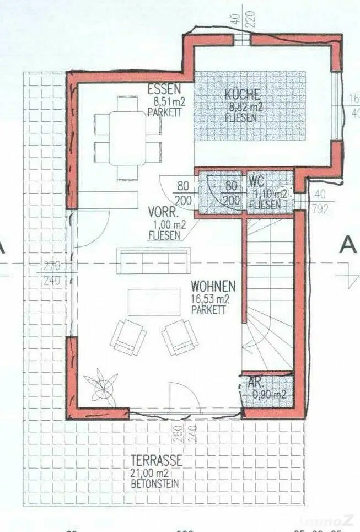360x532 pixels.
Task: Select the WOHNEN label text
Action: tap(213, 287)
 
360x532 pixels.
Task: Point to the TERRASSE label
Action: tap(156, 461)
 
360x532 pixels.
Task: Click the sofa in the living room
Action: tap(154, 260)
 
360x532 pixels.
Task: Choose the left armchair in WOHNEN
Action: tap(128, 337)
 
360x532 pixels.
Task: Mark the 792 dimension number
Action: tap(321, 208)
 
